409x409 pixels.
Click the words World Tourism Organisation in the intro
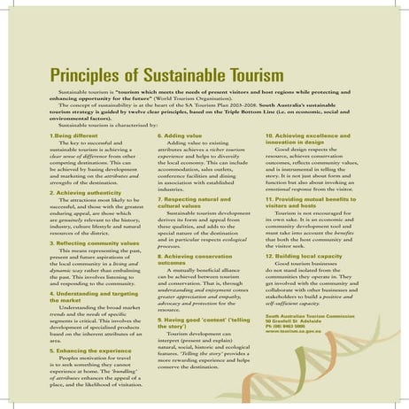point(247,97)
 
